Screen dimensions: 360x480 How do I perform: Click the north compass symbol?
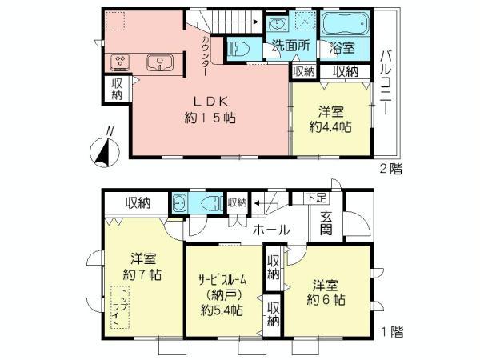pyautogui.click(x=102, y=149)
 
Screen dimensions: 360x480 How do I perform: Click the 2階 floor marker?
pyautogui.click(x=391, y=168)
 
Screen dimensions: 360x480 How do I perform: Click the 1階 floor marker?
pyautogui.click(x=391, y=330)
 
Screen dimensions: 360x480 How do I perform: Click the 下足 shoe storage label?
pyautogui.click(x=315, y=197)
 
